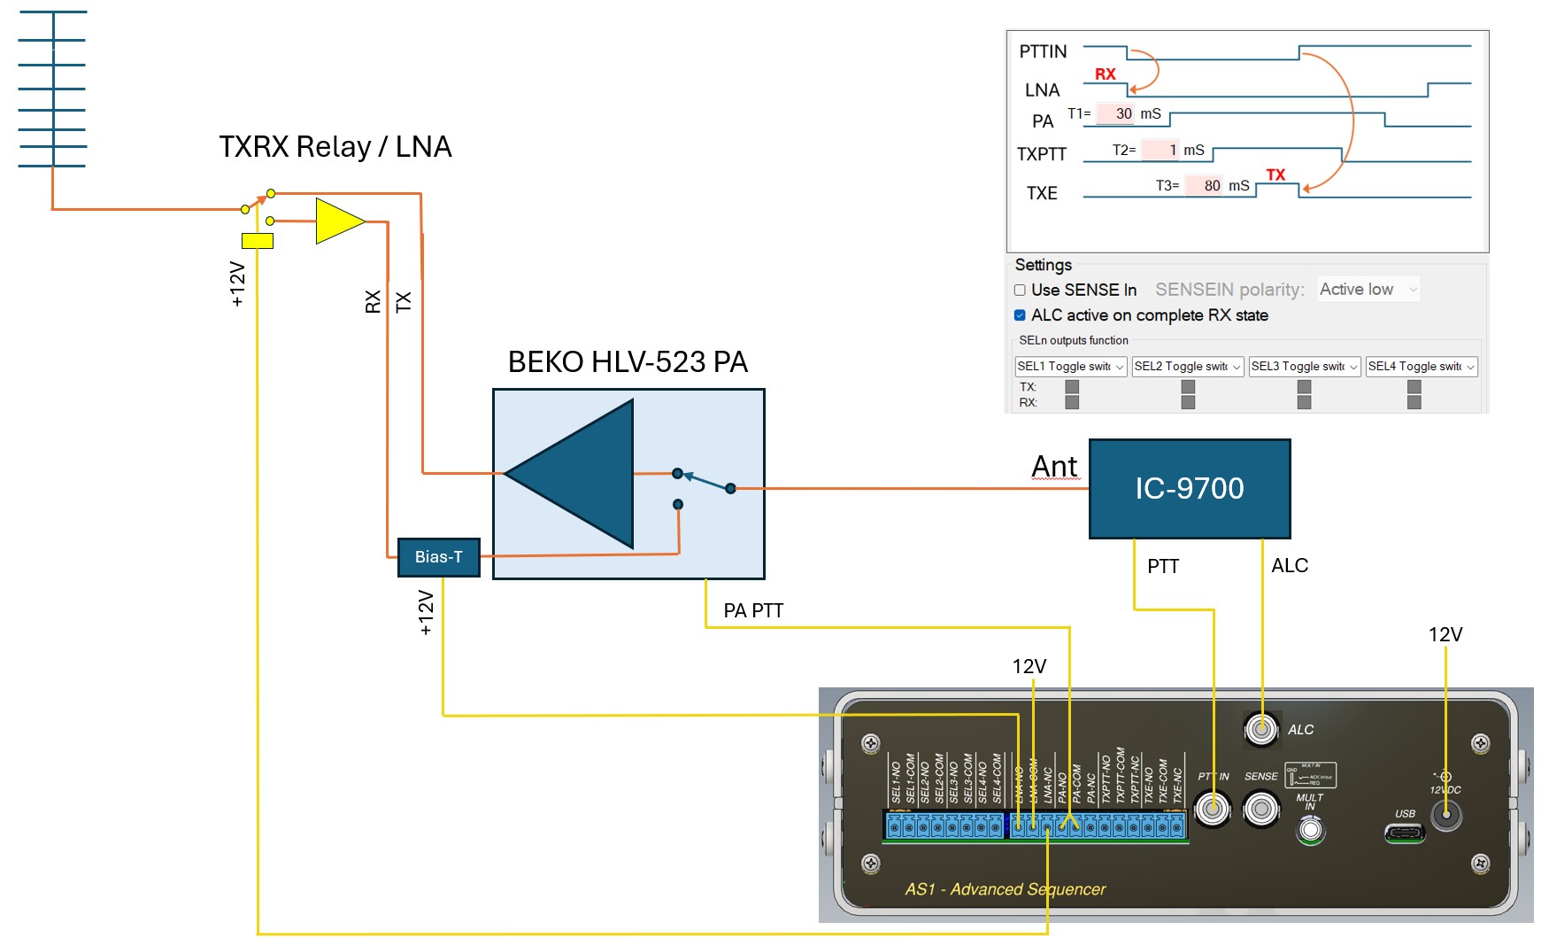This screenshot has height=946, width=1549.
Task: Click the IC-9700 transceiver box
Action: pyautogui.click(x=1189, y=488)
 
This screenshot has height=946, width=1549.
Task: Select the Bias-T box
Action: pyautogui.click(x=438, y=557)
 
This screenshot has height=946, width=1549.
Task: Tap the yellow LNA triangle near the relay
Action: pyautogui.click(x=337, y=221)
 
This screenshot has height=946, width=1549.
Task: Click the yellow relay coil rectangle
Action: pyautogui.click(x=257, y=240)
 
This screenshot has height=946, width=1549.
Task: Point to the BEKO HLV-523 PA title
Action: pyautogui.click(x=628, y=361)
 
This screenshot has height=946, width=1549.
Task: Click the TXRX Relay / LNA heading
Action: pyautogui.click(x=335, y=146)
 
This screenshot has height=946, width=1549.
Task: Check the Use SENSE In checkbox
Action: pyautogui.click(x=1020, y=290)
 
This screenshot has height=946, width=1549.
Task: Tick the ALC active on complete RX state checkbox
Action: pyautogui.click(x=1020, y=315)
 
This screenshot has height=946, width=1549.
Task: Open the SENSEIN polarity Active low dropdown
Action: pyautogui.click(x=1368, y=290)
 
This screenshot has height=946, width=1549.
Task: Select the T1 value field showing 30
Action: pyautogui.click(x=1117, y=113)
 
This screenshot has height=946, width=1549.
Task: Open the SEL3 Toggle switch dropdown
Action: pyautogui.click(x=1304, y=367)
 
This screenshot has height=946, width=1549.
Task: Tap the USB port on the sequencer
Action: pyautogui.click(x=1405, y=833)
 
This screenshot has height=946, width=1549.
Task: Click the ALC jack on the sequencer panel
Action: pyautogui.click(x=1261, y=729)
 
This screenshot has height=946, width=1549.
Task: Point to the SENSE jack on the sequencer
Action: pyautogui.click(x=1261, y=808)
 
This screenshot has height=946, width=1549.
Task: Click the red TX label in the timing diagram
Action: pyautogui.click(x=1275, y=174)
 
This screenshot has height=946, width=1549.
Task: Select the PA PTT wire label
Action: pyautogui.click(x=753, y=610)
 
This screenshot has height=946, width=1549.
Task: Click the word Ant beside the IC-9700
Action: pyautogui.click(x=1055, y=466)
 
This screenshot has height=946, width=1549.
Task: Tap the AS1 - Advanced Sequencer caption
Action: pyautogui.click(x=1005, y=889)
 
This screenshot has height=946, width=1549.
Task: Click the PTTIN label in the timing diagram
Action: pyautogui.click(x=1043, y=51)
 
